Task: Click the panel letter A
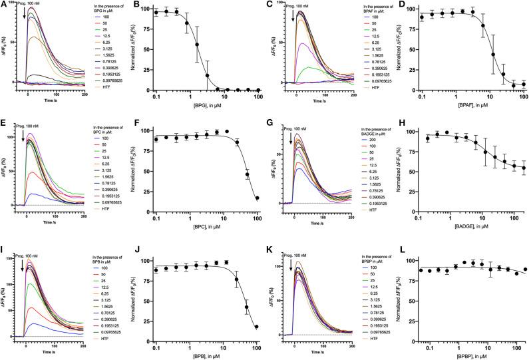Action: (5, 5)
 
